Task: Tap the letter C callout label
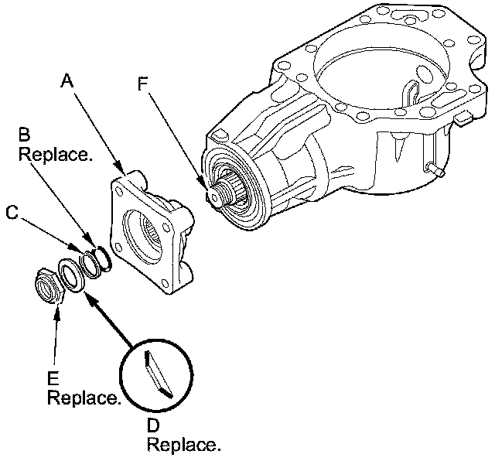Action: coord(12,211)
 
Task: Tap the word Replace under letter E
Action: coord(84,398)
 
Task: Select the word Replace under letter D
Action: coord(183,446)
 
